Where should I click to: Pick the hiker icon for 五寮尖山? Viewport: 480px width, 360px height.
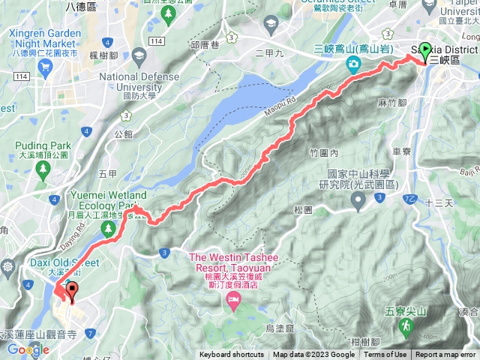click(x=406, y=327)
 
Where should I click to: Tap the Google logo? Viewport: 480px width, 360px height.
click(x=28, y=349)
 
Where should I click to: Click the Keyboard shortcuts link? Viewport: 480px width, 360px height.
click(x=232, y=355)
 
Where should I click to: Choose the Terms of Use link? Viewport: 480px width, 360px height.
click(x=385, y=355)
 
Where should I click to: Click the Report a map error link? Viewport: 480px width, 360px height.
click(x=445, y=355)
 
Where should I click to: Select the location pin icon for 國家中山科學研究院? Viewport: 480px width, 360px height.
click(x=358, y=199)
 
